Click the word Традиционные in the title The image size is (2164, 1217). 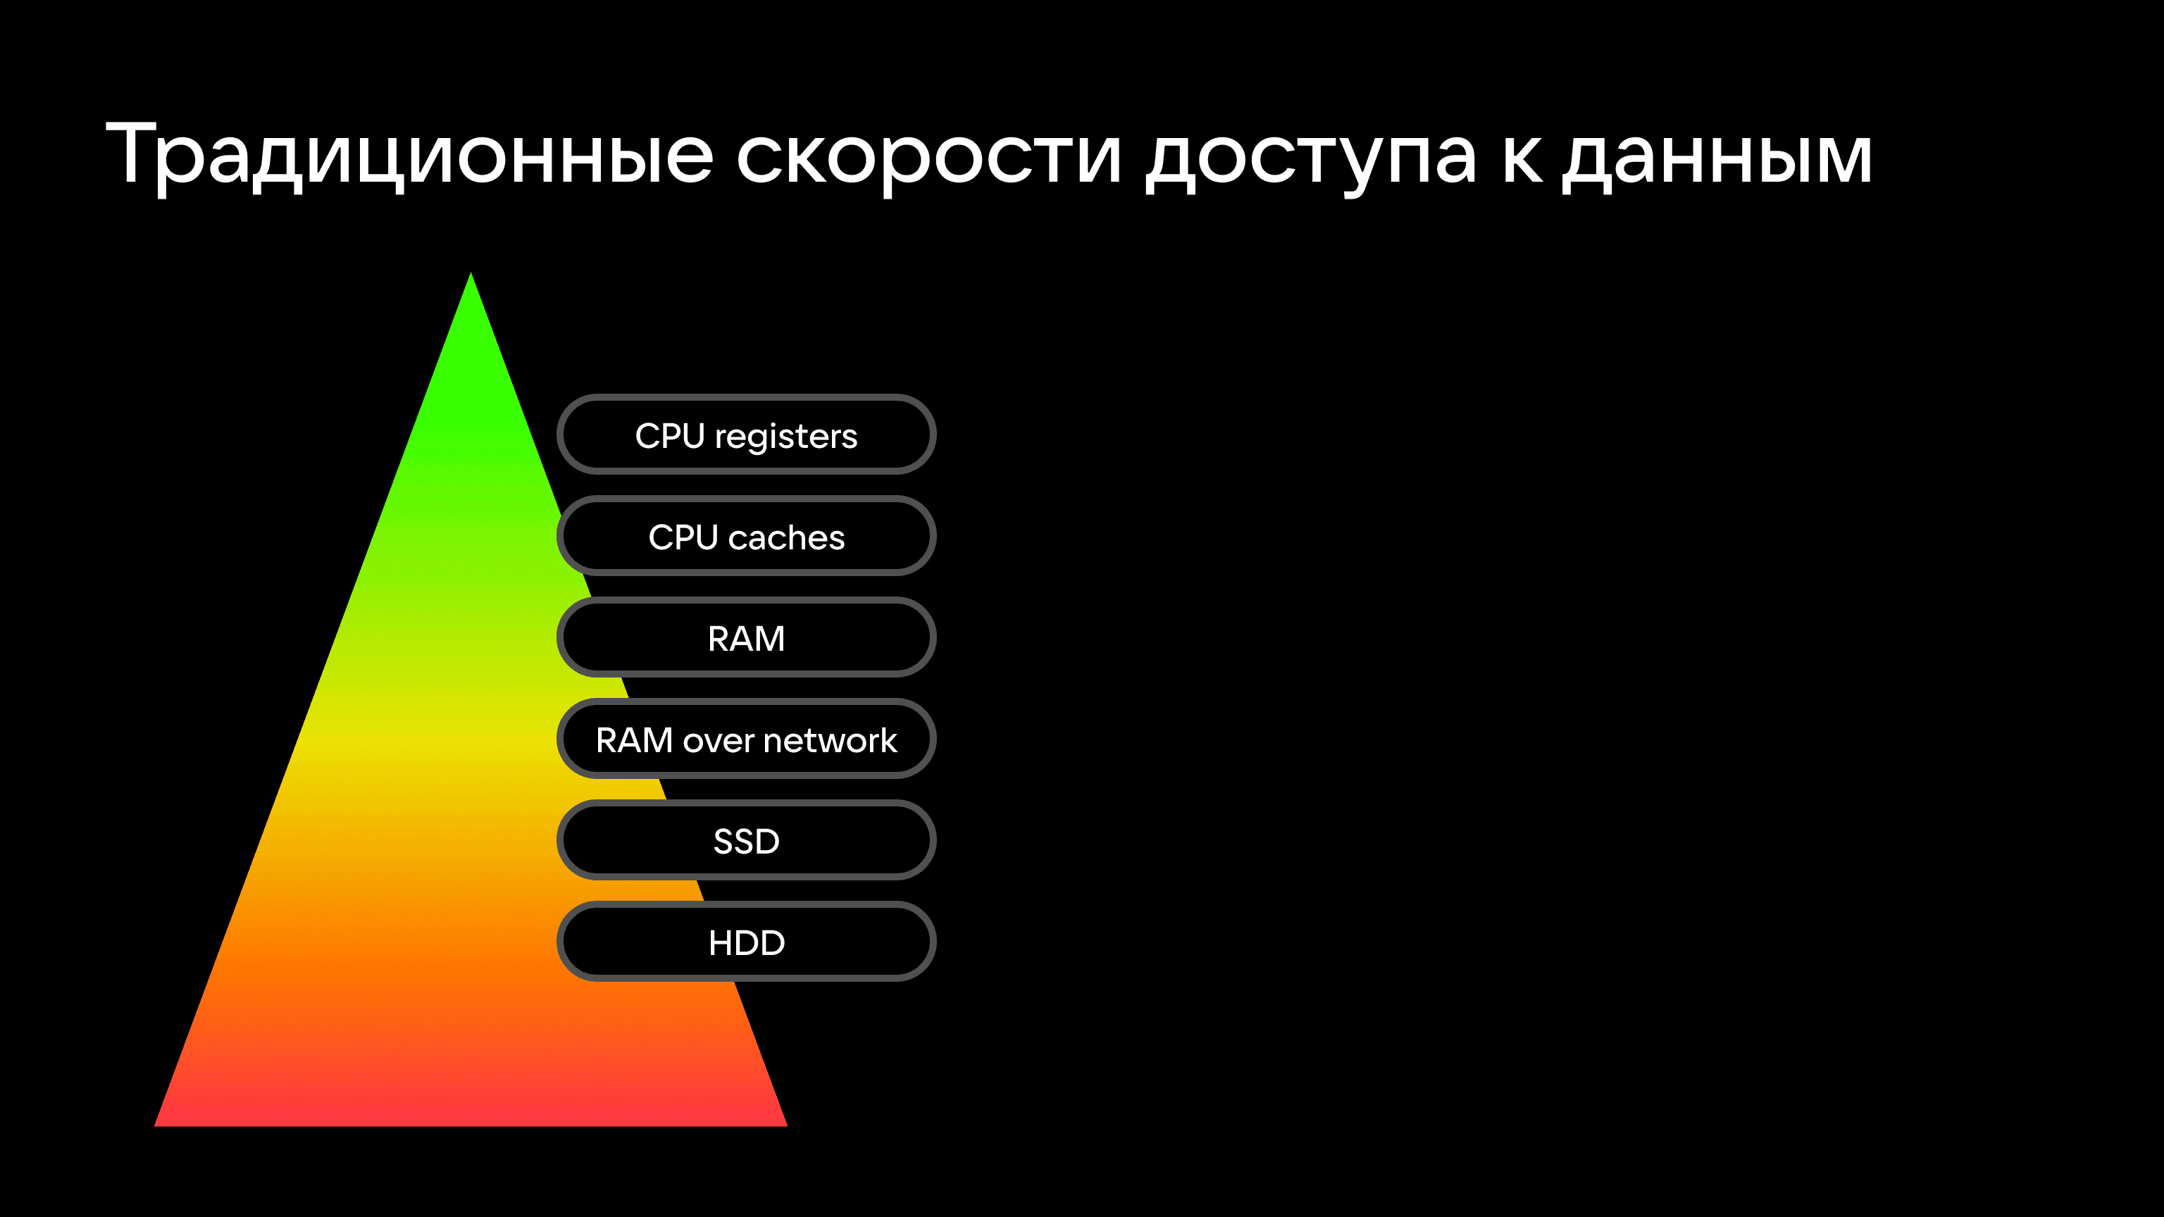[x=410, y=156]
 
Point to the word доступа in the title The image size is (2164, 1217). [x=1310, y=161]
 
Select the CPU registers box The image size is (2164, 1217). [x=746, y=435]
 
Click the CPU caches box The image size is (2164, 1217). [x=746, y=536]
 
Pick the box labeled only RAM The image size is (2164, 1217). [x=746, y=637]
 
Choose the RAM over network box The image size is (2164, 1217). [x=746, y=739]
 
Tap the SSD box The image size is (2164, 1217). [x=746, y=840]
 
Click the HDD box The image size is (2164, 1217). [x=746, y=942]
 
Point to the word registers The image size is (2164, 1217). [x=785, y=437]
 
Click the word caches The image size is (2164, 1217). [x=786, y=537]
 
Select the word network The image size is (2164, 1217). [x=830, y=741]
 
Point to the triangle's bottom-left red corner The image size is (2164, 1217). [x=156, y=1125]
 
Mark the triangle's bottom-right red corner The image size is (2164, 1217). [x=785, y=1125]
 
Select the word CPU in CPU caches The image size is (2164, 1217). [x=683, y=537]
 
